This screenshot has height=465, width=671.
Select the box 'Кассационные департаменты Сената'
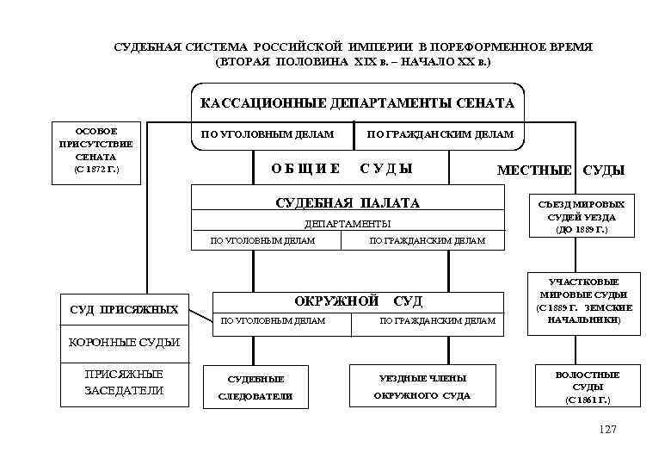(x=357, y=103)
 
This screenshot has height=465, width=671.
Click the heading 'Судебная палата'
(x=347, y=203)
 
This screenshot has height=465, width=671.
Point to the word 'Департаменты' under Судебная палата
(x=347, y=224)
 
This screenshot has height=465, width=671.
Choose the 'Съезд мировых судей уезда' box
(x=582, y=217)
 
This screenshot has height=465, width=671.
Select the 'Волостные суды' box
(x=588, y=387)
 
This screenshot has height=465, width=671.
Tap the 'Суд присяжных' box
(x=124, y=308)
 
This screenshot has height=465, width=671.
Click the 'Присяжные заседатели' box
(x=124, y=382)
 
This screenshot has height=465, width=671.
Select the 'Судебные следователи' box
(x=255, y=387)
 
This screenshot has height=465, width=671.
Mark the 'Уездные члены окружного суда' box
(x=422, y=387)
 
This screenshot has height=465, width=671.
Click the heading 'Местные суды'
(x=560, y=170)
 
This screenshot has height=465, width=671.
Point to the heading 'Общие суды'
(x=342, y=168)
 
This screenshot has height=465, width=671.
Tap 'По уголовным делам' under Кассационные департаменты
(x=267, y=134)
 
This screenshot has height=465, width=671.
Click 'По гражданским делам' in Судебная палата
(x=428, y=241)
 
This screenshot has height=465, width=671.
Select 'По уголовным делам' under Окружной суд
(x=274, y=320)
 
